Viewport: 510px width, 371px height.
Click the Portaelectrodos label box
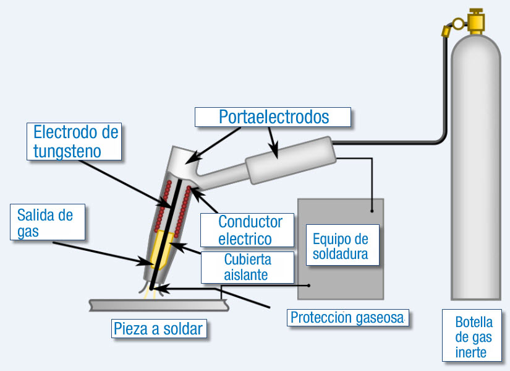(x=273, y=117)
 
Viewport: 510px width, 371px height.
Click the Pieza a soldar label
(x=158, y=329)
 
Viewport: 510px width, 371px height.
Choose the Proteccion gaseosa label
(x=348, y=318)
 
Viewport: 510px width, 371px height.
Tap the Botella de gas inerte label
(x=474, y=338)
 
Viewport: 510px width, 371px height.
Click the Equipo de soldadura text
(x=341, y=247)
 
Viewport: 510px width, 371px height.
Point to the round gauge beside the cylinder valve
(x=458, y=25)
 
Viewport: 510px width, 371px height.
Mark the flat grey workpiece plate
(x=159, y=305)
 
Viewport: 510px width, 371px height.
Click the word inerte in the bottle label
(x=470, y=353)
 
